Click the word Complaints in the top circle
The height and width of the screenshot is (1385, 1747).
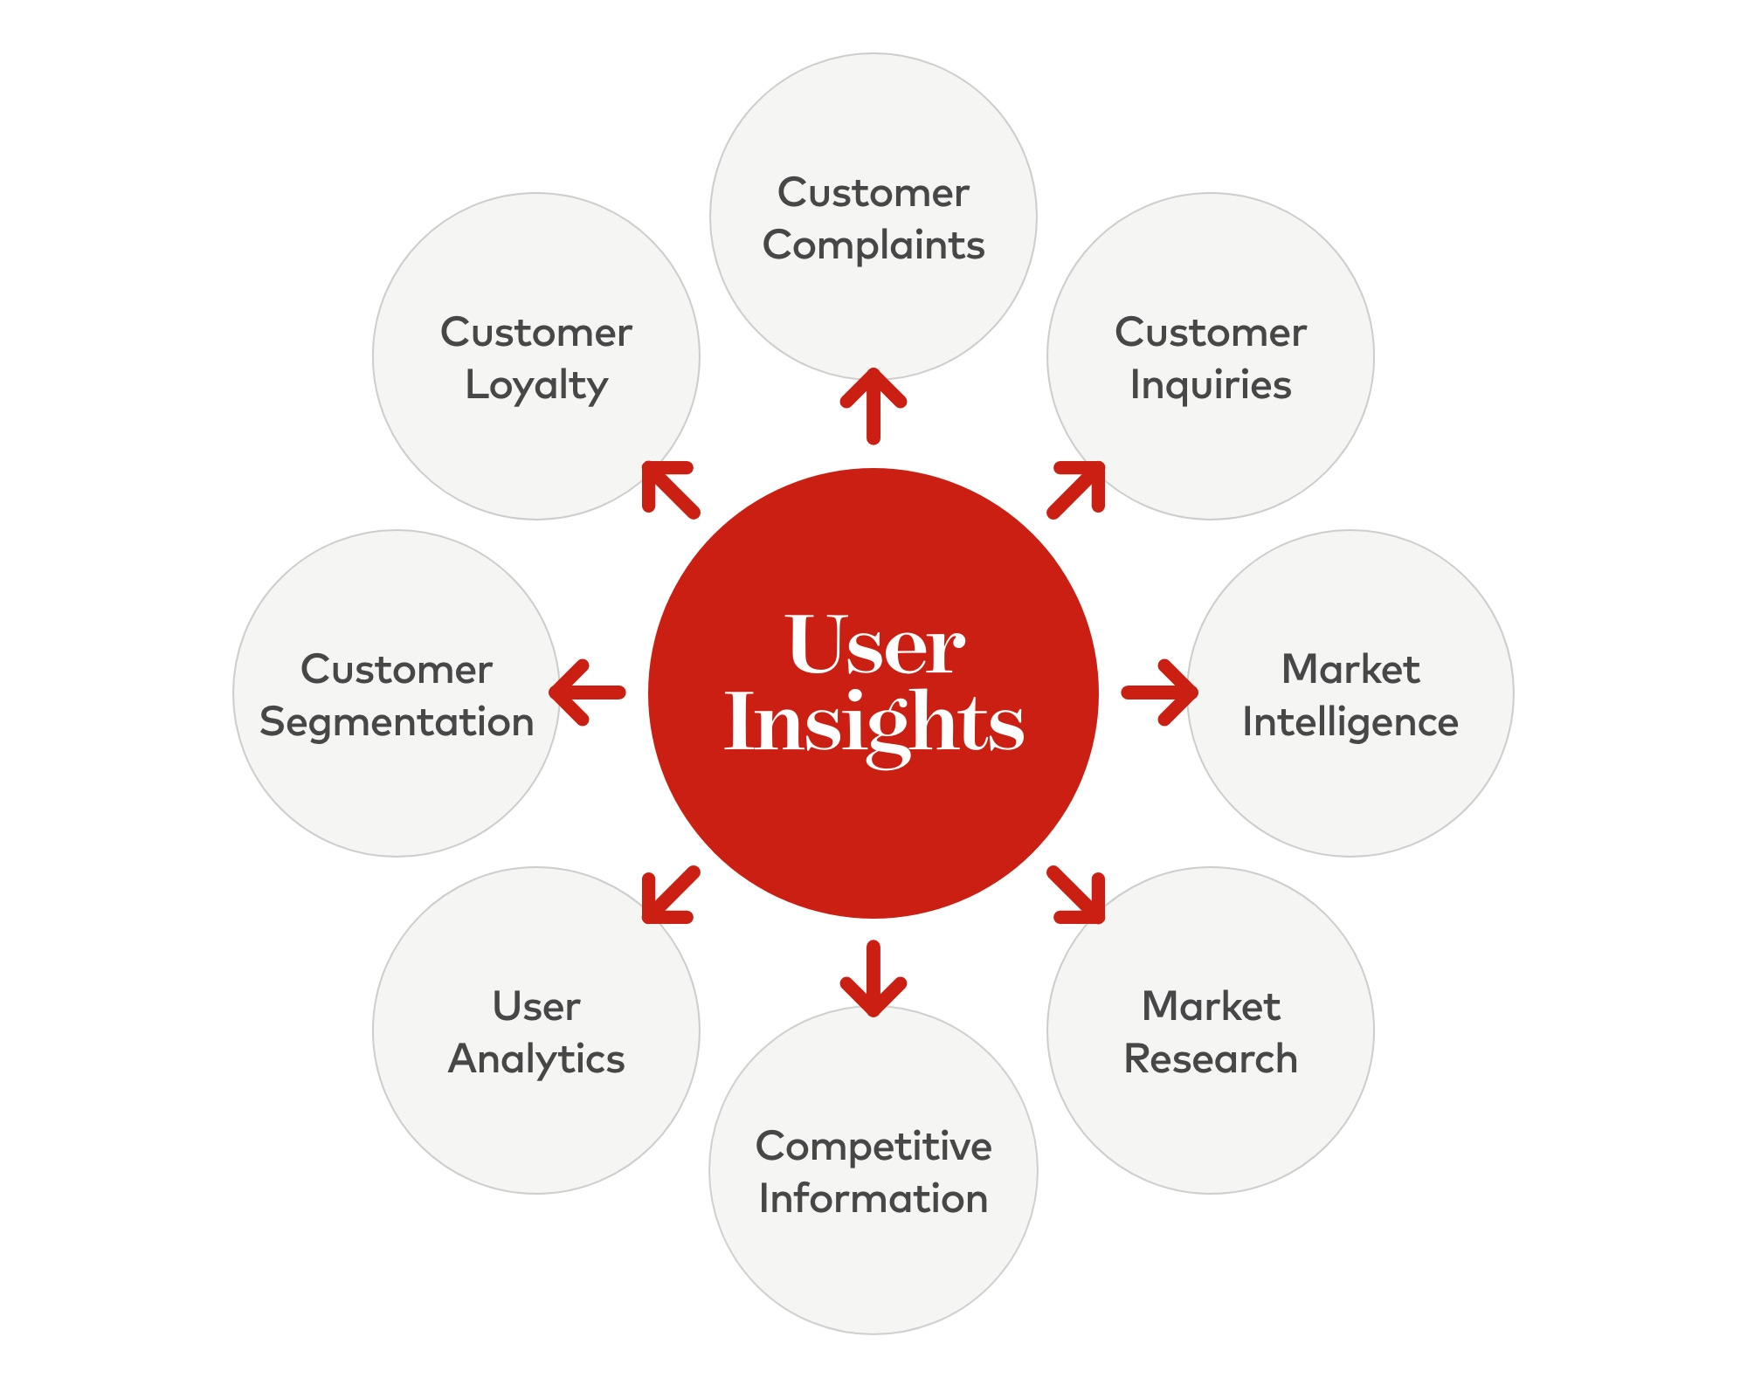click(873, 245)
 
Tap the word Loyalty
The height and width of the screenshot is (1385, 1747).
click(536, 386)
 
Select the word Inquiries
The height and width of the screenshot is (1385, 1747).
click(1211, 386)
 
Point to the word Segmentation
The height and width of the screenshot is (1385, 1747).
click(397, 723)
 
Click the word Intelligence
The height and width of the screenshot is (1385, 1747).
click(1350, 723)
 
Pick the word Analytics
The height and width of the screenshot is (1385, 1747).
click(536, 1059)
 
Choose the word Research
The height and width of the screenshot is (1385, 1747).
click(1211, 1059)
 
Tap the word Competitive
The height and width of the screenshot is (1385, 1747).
click(873, 1147)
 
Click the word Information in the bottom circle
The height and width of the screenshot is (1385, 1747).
click(873, 1199)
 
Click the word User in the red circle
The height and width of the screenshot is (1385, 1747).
click(875, 646)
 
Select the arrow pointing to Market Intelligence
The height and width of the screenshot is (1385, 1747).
click(1160, 692)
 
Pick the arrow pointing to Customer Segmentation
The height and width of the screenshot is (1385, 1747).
click(587, 692)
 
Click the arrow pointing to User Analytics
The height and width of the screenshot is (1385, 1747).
click(669, 896)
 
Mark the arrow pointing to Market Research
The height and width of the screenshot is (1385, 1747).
click(1077, 896)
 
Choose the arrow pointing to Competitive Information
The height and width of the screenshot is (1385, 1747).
click(873, 979)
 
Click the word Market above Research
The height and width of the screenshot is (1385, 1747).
click(1211, 1007)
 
